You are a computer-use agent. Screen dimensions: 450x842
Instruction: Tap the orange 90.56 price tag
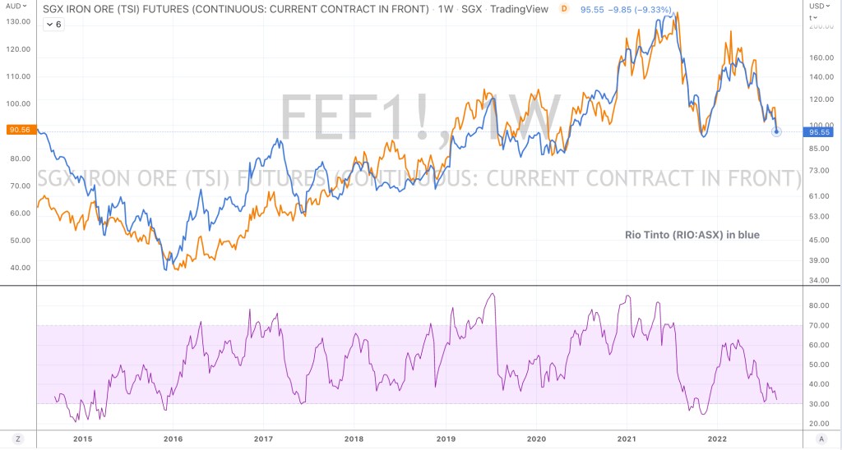coord(18,130)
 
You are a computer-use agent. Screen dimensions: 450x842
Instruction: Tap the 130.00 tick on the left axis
coord(18,21)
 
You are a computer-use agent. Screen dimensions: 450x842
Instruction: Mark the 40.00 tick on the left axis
coord(18,267)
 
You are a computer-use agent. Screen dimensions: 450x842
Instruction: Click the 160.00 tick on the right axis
coord(821,57)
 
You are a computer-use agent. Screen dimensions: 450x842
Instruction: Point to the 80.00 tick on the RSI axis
coord(818,305)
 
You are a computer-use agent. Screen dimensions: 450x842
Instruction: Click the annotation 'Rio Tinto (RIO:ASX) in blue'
coord(691,235)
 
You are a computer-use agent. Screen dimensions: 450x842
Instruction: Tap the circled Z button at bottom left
coord(18,439)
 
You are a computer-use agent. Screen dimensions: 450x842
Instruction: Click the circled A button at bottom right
coord(822,439)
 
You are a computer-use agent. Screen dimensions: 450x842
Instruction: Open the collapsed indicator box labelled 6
coord(54,24)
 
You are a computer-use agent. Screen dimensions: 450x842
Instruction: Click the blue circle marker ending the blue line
coord(776,131)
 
